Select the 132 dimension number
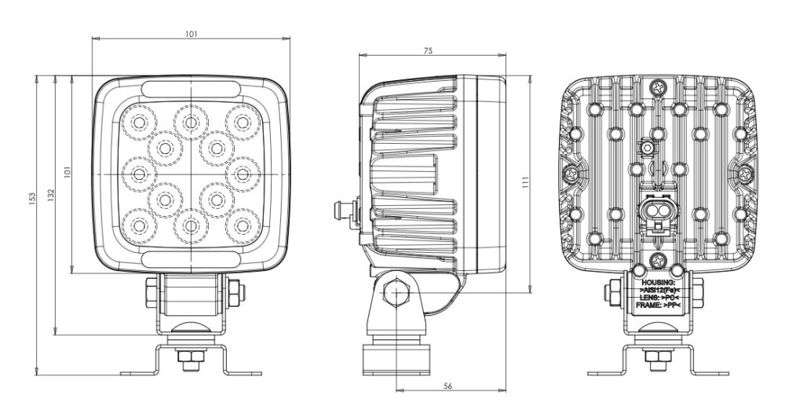pyautogui.click(x=50, y=193)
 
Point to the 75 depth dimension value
pyautogui.click(x=427, y=50)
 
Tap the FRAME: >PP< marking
pyautogui.click(x=657, y=307)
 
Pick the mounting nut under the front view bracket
pyautogui.click(x=189, y=361)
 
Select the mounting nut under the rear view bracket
pyautogui.click(x=657, y=361)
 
